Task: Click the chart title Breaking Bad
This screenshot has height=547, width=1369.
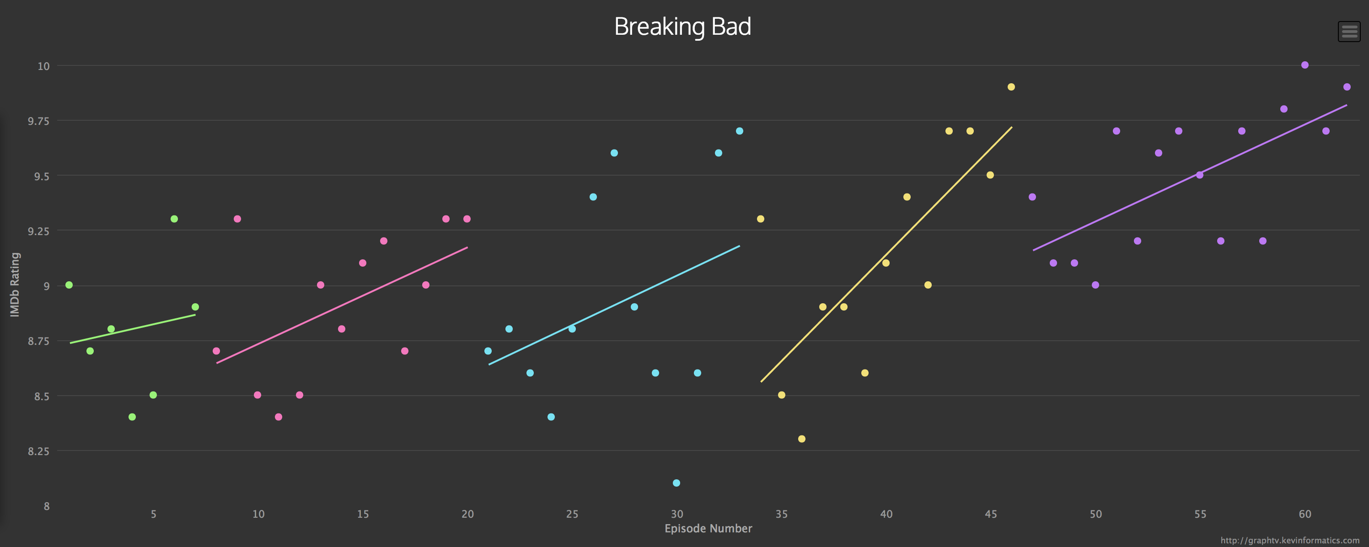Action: [x=682, y=27]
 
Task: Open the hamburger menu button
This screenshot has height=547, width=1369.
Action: [x=1349, y=32]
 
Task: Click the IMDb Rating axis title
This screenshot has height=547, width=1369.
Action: [x=15, y=284]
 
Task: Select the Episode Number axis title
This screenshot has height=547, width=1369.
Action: [x=708, y=528]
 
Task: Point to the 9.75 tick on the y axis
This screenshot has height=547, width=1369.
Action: [x=38, y=121]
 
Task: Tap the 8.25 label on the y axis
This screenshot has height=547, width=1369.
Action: [x=38, y=451]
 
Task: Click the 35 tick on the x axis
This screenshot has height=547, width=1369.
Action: [x=781, y=514]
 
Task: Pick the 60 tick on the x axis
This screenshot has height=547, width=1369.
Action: [x=1305, y=514]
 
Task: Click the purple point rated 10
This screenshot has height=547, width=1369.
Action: [x=1305, y=65]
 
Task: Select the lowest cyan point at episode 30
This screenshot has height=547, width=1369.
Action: [x=676, y=483]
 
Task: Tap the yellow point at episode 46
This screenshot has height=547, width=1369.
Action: [x=1011, y=86]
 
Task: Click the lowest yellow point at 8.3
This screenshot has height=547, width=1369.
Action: [x=801, y=439]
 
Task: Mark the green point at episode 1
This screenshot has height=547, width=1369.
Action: [x=69, y=285]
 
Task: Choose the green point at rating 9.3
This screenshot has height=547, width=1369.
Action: [x=174, y=219]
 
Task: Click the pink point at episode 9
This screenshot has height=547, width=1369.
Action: [x=237, y=219]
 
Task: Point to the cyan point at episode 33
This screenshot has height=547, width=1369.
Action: [x=739, y=131]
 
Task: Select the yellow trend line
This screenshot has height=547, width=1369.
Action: [x=886, y=254]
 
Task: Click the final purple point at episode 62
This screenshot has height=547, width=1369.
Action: [x=1347, y=86]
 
